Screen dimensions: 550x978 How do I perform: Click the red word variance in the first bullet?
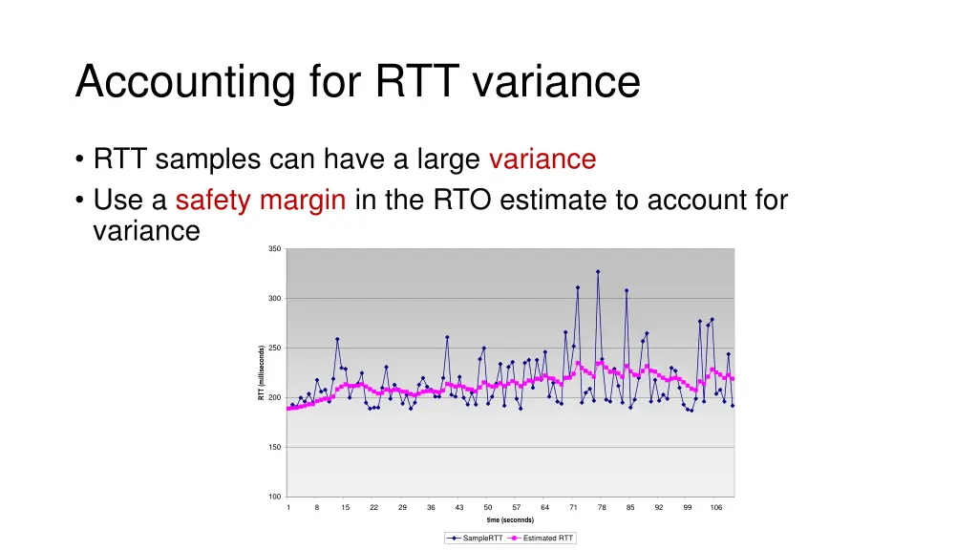pyautogui.click(x=542, y=159)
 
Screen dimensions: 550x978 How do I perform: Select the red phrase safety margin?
pyautogui.click(x=260, y=201)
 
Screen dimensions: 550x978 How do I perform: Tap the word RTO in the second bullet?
pyautogui.click(x=462, y=201)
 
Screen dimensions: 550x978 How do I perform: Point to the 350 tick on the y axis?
pyautogui.click(x=274, y=249)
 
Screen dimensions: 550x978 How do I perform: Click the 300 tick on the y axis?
pyautogui.click(x=274, y=299)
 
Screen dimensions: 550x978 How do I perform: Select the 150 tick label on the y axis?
pyautogui.click(x=274, y=447)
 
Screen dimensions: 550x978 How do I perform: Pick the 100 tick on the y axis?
pyautogui.click(x=274, y=497)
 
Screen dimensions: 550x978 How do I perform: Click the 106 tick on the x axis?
pyautogui.click(x=715, y=507)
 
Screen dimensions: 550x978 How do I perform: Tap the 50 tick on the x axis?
pyautogui.click(x=487, y=507)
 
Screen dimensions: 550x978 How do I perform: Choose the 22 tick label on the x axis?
pyautogui.click(x=373, y=507)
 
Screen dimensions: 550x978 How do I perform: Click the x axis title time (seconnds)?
pyautogui.click(x=510, y=520)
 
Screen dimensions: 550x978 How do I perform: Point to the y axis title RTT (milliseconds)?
pyautogui.click(x=262, y=373)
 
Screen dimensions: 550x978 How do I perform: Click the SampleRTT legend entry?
pyautogui.click(x=475, y=539)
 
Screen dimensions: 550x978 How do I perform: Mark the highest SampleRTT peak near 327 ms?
pyautogui.click(x=598, y=271)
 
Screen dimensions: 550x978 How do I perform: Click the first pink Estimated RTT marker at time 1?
pyautogui.click(x=288, y=409)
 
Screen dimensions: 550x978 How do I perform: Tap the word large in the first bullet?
pyautogui.click(x=449, y=159)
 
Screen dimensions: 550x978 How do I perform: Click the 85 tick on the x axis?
pyautogui.click(x=630, y=507)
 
